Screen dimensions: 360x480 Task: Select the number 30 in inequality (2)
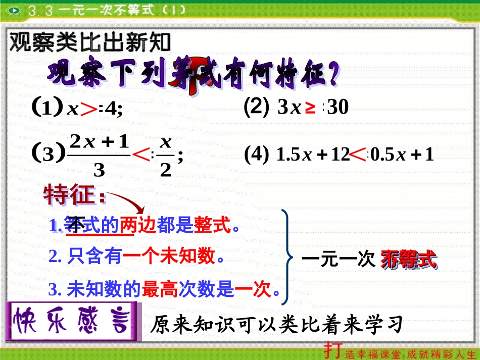(x=338, y=108)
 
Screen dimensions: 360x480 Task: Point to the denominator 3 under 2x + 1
(x=99, y=170)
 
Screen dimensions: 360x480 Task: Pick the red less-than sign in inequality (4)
(x=358, y=155)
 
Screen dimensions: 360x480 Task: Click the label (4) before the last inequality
(x=256, y=155)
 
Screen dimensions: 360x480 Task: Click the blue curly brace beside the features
(x=287, y=258)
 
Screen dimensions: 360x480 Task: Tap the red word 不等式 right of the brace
(x=409, y=260)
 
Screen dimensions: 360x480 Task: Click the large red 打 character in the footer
(x=331, y=350)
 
